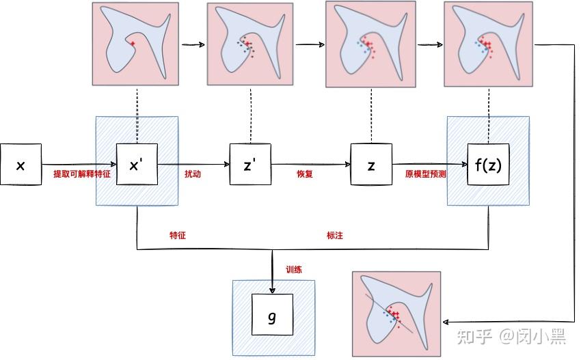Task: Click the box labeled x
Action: click(x=21, y=164)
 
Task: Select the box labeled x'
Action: click(x=137, y=164)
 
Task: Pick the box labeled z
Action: click(x=371, y=164)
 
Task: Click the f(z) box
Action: click(x=488, y=164)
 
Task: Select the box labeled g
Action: click(x=273, y=315)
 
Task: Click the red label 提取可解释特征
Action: click(x=82, y=174)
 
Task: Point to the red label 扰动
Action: click(x=193, y=174)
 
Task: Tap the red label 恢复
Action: click(x=304, y=174)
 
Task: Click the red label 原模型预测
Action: click(x=425, y=174)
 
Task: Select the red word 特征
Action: click(x=178, y=236)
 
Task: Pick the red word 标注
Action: click(x=335, y=236)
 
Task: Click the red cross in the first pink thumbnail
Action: click(x=133, y=44)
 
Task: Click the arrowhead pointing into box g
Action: click(x=273, y=290)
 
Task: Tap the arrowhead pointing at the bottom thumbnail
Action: click(x=447, y=321)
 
